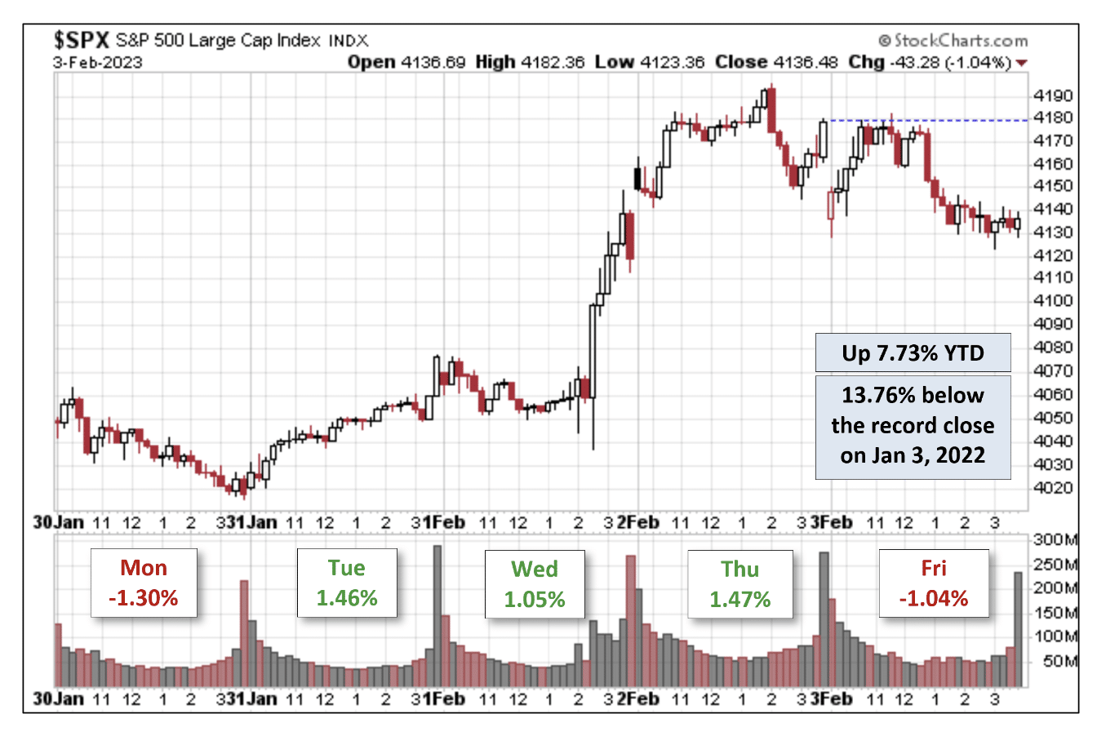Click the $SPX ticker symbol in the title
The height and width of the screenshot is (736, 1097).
pyautogui.click(x=81, y=39)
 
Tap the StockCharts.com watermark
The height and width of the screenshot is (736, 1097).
pyautogui.click(x=953, y=40)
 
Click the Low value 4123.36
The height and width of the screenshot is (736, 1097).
pyautogui.click(x=672, y=62)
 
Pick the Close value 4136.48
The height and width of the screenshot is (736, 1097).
pyautogui.click(x=805, y=62)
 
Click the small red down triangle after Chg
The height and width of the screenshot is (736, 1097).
pyautogui.click(x=1021, y=63)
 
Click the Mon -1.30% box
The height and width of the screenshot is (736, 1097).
pyautogui.click(x=144, y=583)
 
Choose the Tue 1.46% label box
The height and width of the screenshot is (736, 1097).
pyautogui.click(x=347, y=583)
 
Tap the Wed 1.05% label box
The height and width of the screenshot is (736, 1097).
pyautogui.click(x=535, y=584)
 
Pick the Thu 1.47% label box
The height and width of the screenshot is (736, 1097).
pyautogui.click(x=739, y=584)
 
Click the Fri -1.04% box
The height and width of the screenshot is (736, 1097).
pyautogui.click(x=934, y=583)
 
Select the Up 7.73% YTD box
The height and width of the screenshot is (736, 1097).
pyautogui.click(x=913, y=353)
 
